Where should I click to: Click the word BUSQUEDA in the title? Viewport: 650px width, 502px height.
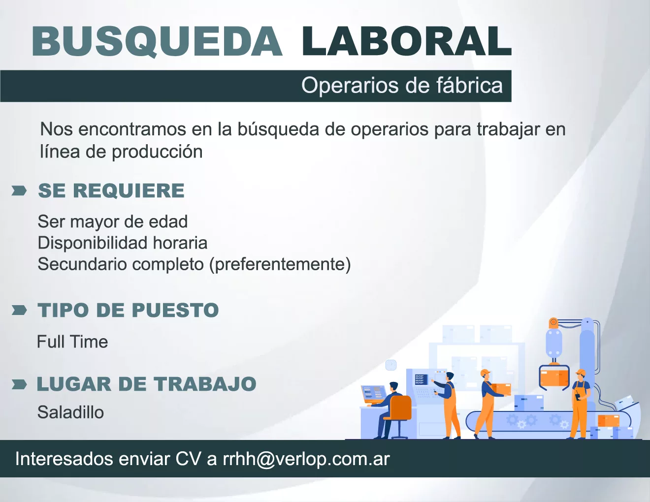[157, 41]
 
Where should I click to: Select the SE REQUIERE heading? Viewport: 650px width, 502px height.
[111, 190]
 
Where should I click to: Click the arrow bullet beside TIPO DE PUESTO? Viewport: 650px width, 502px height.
[19, 310]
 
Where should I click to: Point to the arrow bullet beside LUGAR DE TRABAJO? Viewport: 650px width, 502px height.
[19, 384]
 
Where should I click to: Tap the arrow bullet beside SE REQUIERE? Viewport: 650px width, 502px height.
[19, 191]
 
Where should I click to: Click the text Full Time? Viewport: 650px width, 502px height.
[72, 342]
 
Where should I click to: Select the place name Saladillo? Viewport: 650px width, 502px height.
[70, 412]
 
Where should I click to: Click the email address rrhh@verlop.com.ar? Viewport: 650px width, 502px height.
[306, 459]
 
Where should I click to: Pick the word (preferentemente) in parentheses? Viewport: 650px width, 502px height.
[280, 264]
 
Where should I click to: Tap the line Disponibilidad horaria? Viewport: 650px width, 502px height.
[122, 243]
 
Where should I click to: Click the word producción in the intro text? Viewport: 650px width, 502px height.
[157, 152]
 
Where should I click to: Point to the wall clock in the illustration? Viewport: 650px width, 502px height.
[391, 365]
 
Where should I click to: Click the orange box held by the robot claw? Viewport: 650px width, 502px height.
[554, 378]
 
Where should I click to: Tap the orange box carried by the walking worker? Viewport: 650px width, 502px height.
[501, 389]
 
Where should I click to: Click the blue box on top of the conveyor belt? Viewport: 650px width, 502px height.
[529, 403]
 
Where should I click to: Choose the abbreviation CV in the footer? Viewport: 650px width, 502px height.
[188, 459]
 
